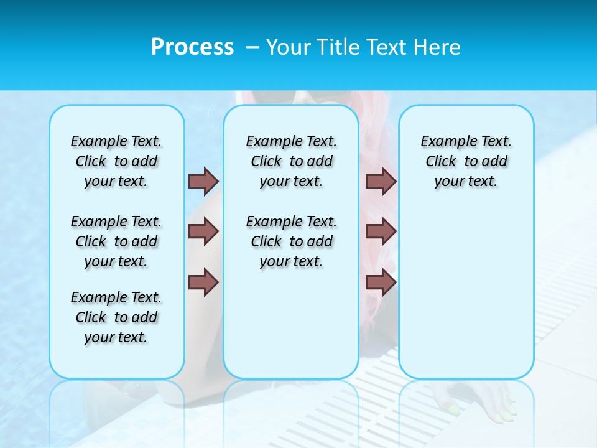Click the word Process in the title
point(192,47)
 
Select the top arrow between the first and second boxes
point(203,181)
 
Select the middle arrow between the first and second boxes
point(203,231)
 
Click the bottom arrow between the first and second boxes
point(203,282)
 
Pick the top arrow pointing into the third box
point(381,181)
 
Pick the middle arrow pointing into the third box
point(381,231)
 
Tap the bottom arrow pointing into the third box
point(381,282)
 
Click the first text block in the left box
point(116,161)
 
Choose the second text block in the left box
point(116,241)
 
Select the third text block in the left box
point(116,317)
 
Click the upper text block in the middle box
point(291,161)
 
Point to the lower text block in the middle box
point(291,241)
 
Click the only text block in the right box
point(466,161)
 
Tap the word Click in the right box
point(441,162)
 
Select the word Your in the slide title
point(288,47)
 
